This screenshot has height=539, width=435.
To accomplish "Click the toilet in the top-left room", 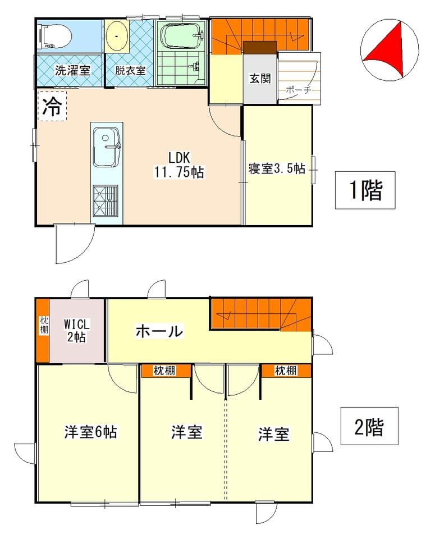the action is tap(56, 35).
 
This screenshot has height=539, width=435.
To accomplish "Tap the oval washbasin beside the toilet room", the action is tap(117, 36).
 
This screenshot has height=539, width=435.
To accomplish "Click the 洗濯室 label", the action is tap(72, 71).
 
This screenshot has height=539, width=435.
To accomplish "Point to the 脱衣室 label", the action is tap(130, 71).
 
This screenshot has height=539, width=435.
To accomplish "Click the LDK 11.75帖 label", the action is tap(178, 165).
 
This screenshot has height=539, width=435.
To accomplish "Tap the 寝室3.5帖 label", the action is tap(277, 168).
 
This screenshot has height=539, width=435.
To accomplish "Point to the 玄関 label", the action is tap(260, 79).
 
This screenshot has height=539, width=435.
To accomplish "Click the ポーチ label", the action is tap(298, 90).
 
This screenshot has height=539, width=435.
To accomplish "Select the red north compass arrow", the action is tap(388, 49).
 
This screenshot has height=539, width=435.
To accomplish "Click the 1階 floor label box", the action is tap(365, 190).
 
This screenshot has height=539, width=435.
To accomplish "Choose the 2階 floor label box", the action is tap(369, 426).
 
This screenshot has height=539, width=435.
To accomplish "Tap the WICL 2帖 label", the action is tap(77, 330).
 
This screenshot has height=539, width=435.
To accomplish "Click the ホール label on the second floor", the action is tap(159, 332).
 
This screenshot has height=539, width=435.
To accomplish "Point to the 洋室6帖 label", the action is tap(91, 432).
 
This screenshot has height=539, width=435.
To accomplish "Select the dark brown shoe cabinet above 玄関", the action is tap(260, 47).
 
